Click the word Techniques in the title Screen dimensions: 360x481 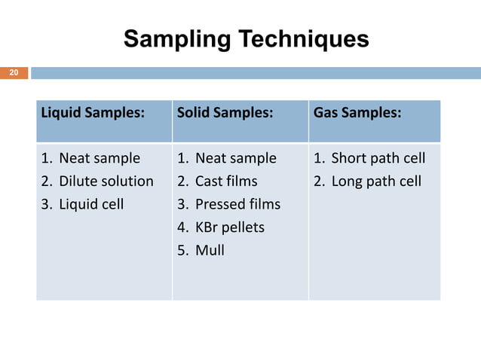coord(297,38)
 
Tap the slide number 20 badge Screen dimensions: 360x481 coord(14,73)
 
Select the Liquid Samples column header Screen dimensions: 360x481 coord(92,113)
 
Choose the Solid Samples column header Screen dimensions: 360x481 coord(225,113)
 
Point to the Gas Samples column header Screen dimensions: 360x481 coord(357,113)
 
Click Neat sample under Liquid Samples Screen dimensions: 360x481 coord(99,158)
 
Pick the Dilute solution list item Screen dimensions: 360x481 coord(106,182)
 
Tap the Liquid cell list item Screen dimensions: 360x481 coord(91,204)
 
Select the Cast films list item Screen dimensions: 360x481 coord(225,182)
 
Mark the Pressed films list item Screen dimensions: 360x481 coord(237,204)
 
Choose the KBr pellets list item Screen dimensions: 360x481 coord(229,227)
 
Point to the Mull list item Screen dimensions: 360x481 coord(209,249)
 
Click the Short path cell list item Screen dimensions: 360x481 coord(378,158)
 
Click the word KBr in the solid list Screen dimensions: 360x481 coord(207,227)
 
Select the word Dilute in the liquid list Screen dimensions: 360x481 coord(78,182)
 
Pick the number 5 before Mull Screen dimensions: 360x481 coord(182,249)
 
